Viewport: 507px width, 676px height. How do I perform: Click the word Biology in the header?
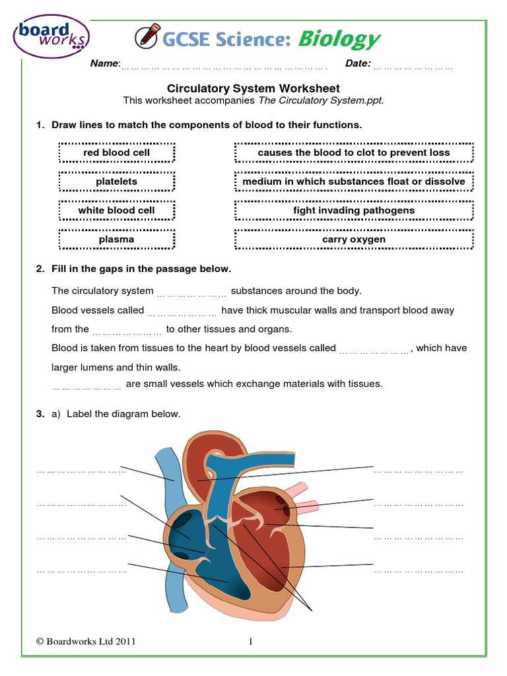(x=339, y=40)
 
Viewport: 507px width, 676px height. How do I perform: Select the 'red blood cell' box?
(x=116, y=152)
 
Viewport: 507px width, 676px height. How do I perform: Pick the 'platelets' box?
(x=116, y=182)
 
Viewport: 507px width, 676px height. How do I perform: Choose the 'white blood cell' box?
(x=116, y=211)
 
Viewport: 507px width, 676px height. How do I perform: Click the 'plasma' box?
(x=116, y=240)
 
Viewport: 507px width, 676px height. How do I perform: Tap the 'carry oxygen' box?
(x=354, y=240)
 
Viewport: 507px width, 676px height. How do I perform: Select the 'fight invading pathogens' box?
(x=354, y=211)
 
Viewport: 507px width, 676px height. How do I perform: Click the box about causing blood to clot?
(x=354, y=152)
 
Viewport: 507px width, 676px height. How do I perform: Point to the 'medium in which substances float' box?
(x=354, y=182)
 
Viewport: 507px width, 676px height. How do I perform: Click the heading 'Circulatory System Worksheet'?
(x=253, y=88)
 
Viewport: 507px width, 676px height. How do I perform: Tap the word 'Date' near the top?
(x=358, y=64)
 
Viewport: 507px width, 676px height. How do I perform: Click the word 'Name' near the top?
(x=105, y=64)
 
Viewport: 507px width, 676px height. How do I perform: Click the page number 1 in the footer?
(x=252, y=641)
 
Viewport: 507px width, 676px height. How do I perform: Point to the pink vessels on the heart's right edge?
(x=302, y=499)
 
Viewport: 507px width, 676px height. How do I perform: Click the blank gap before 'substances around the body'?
(x=191, y=292)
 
